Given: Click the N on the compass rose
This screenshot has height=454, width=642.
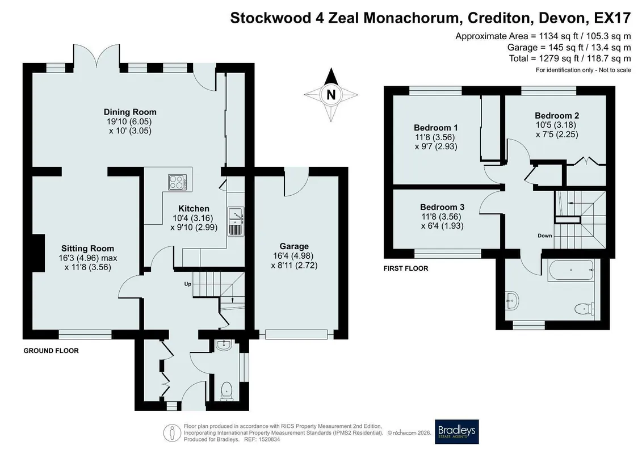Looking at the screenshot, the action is tap(331, 95).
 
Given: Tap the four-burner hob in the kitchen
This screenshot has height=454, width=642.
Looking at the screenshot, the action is tap(177, 182).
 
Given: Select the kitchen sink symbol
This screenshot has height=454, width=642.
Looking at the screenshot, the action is tap(236, 221).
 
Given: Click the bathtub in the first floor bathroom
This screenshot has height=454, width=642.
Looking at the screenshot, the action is tap(570, 270).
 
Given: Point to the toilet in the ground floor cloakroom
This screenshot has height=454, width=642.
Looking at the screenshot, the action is tap(226, 391).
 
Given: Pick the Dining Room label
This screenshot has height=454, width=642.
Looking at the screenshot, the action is tap(130, 112).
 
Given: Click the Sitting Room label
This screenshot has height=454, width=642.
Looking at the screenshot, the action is tap(87, 248).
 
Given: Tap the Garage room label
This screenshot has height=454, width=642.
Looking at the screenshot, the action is tap(294, 246).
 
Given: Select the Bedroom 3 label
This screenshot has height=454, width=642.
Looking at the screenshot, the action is tap(442, 207).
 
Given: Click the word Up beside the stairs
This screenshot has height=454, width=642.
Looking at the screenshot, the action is tap(187, 284).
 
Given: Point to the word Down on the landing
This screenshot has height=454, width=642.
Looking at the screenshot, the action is tap(544, 236).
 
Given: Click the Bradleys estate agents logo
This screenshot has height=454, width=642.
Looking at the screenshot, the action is tap(456, 431).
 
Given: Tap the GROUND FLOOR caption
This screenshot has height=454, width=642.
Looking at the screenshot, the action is tap(51, 350).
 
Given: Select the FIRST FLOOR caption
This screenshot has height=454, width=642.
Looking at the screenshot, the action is tap(406, 268).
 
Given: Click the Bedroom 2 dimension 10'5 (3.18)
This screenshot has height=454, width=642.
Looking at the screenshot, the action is tap(556, 125).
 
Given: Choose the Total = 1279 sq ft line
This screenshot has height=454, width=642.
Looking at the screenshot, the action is tap(569, 58).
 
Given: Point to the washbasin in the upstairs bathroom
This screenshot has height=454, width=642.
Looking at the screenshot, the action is tap(512, 301).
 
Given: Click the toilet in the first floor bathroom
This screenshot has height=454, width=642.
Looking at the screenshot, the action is tap(584, 309).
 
